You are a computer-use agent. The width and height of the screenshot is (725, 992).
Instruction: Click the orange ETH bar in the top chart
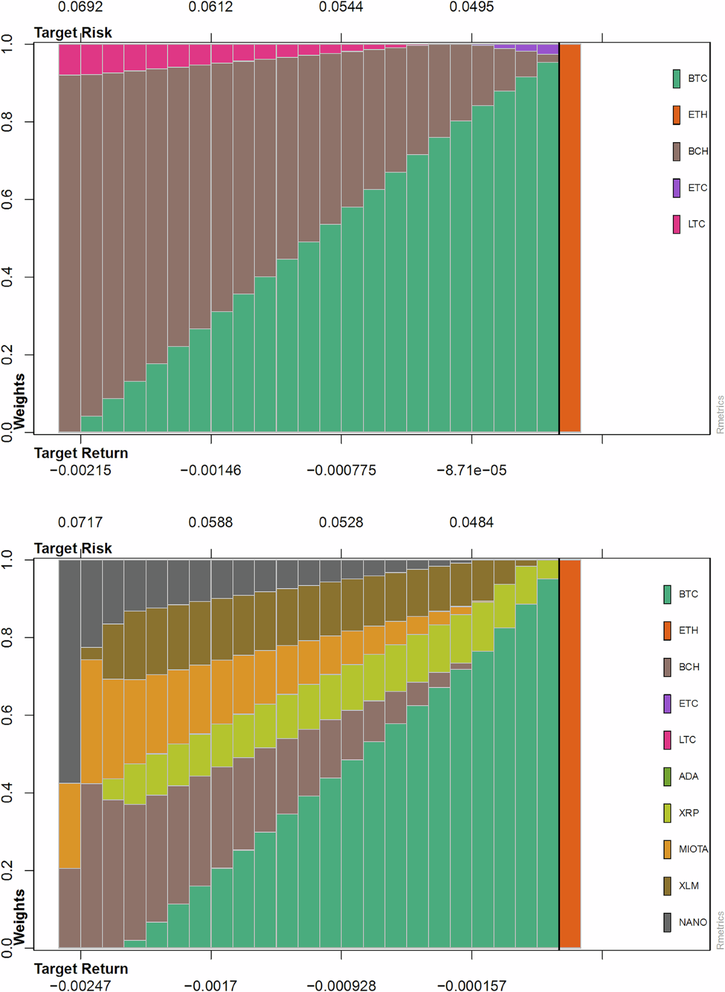[570, 238]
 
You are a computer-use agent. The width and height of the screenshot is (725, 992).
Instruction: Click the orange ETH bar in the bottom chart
[570, 754]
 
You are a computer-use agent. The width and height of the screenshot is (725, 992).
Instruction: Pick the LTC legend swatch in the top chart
[677, 224]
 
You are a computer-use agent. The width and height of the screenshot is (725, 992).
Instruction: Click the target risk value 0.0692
[80, 7]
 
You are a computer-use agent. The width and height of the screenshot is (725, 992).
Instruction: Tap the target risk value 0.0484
[471, 522]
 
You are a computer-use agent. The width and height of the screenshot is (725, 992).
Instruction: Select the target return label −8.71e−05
[471, 470]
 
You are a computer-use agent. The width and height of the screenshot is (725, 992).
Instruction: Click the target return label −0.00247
[80, 986]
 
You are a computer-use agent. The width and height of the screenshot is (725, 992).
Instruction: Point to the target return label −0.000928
[341, 986]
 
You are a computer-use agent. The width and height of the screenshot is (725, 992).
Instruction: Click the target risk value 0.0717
[80, 522]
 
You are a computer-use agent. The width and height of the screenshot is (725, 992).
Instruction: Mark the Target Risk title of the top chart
[72, 33]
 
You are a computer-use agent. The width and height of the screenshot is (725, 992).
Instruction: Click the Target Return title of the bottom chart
[81, 969]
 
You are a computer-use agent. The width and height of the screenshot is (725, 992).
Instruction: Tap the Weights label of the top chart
[19, 401]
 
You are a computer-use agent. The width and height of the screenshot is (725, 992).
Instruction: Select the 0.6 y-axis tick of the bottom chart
[7, 715]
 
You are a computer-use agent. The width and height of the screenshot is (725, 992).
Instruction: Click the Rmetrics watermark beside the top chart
[720, 414]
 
